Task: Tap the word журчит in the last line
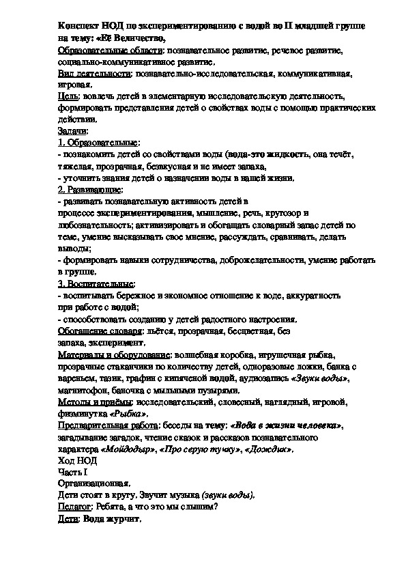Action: coord(121,520)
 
